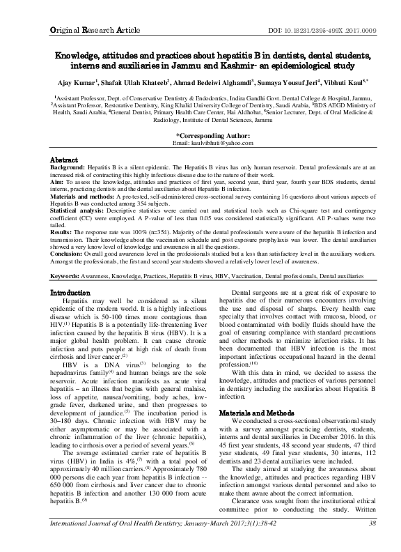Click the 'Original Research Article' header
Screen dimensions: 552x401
point(81,13)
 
